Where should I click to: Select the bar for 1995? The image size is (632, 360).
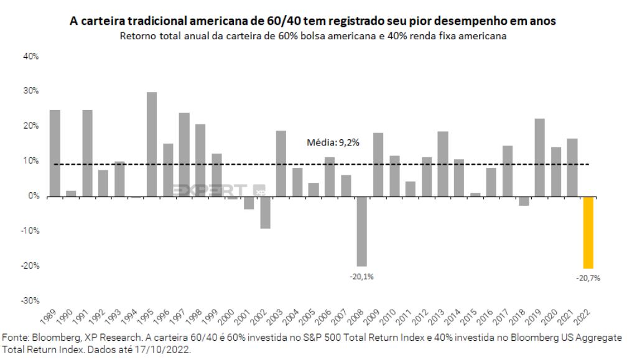pyautogui.click(x=151, y=144)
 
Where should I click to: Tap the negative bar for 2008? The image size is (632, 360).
pyautogui.click(x=361, y=231)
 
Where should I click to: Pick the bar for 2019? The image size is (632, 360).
pyautogui.click(x=539, y=157)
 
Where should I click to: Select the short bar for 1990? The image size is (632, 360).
pyautogui.click(x=71, y=193)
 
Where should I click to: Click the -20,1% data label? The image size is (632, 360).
pyautogui.click(x=361, y=276)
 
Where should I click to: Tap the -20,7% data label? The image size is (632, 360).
pyautogui.click(x=588, y=279)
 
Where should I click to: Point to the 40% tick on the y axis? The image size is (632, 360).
pyautogui.click(x=30, y=56)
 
